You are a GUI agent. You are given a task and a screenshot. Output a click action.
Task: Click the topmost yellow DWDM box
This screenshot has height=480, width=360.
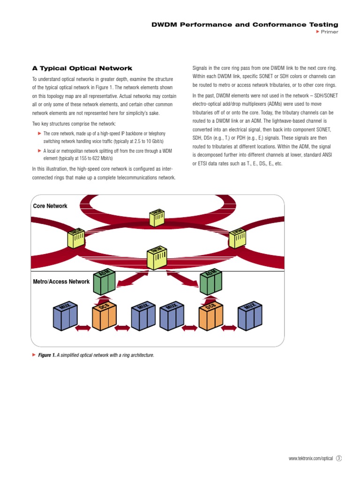click(157, 217)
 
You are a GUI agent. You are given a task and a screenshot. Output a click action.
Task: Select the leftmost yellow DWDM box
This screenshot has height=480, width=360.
click(76, 238)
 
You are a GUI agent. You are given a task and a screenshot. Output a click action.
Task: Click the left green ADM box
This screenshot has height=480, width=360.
click(105, 283)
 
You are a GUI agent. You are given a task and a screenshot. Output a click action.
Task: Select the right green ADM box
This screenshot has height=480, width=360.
click(211, 283)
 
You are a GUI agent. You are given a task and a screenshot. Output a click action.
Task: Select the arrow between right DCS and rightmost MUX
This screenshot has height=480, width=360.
click(230, 328)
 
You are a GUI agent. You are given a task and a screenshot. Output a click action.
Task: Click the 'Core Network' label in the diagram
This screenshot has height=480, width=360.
click(50, 206)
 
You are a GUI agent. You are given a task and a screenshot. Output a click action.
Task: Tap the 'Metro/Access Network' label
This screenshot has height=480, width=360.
click(61, 282)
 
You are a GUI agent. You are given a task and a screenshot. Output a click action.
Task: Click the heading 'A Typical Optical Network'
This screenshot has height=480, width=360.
click(82, 68)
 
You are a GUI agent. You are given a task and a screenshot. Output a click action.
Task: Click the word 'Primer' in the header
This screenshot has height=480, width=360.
click(330, 32)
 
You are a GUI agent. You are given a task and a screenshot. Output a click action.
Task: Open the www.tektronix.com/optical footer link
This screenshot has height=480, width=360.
click(311, 458)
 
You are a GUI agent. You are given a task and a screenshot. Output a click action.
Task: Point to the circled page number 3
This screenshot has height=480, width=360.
click(339, 458)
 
